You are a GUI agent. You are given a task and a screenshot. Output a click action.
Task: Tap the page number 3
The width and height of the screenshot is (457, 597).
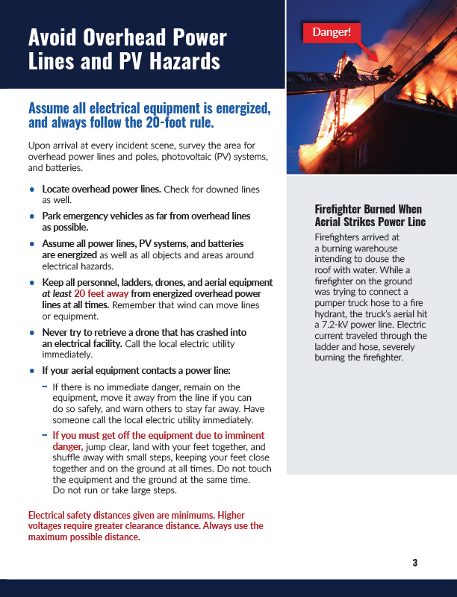(414, 563)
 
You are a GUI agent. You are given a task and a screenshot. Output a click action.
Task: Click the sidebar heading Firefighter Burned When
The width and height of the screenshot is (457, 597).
(368, 209)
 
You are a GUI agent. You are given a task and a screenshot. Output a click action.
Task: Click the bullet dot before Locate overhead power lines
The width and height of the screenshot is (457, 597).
(31, 190)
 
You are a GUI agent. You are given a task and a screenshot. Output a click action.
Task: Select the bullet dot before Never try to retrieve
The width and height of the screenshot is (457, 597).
(31, 332)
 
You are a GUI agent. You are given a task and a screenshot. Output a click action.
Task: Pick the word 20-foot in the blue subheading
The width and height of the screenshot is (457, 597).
(170, 122)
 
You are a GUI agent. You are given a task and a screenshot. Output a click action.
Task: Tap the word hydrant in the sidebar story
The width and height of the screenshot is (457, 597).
(332, 315)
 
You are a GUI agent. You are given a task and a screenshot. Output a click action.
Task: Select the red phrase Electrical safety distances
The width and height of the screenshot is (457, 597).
(84, 516)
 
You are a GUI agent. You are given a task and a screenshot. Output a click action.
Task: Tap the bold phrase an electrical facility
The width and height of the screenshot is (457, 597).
(81, 343)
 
